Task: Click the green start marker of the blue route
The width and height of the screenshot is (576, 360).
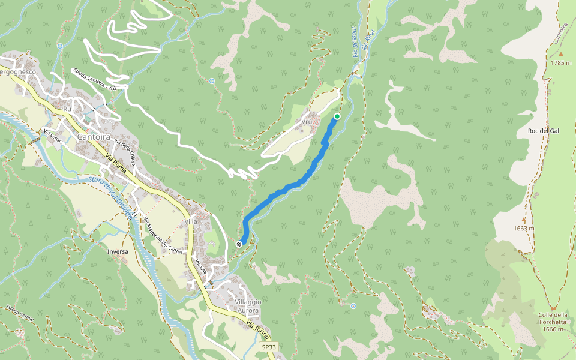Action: coord(337,116)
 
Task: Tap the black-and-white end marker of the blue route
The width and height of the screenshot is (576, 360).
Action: coord(239,244)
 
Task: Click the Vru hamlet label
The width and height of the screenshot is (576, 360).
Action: coord(307,121)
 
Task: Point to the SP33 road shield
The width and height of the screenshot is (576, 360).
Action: coord(269,347)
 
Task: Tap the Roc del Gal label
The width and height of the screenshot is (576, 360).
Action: coord(543,131)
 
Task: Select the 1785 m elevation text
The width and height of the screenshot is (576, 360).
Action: coord(561,62)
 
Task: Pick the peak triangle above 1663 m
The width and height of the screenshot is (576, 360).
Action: coord(523,220)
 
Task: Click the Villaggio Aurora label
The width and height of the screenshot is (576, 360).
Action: coord(247,306)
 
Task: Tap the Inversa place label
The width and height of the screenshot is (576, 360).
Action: coord(118,251)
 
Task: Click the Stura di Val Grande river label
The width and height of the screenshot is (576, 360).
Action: coord(111,197)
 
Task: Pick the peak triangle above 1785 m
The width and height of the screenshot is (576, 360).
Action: coord(561,54)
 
